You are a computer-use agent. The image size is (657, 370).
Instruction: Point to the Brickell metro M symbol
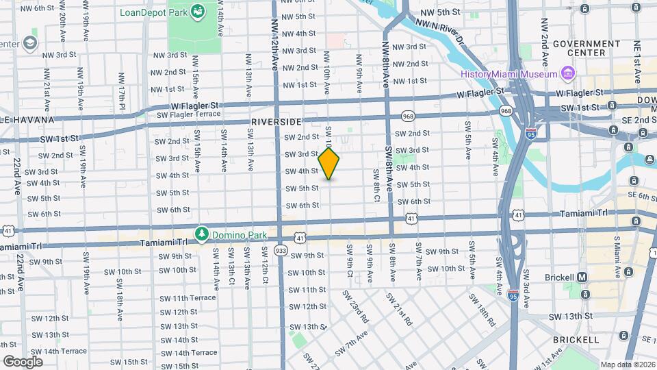582,277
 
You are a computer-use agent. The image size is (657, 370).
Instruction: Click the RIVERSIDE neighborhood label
276,121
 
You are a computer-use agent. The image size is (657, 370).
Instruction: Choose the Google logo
23,361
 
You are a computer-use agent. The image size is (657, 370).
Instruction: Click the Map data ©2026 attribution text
628,365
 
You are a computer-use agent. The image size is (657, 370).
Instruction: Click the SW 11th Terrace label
188,298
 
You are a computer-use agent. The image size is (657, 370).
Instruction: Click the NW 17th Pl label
120,88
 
